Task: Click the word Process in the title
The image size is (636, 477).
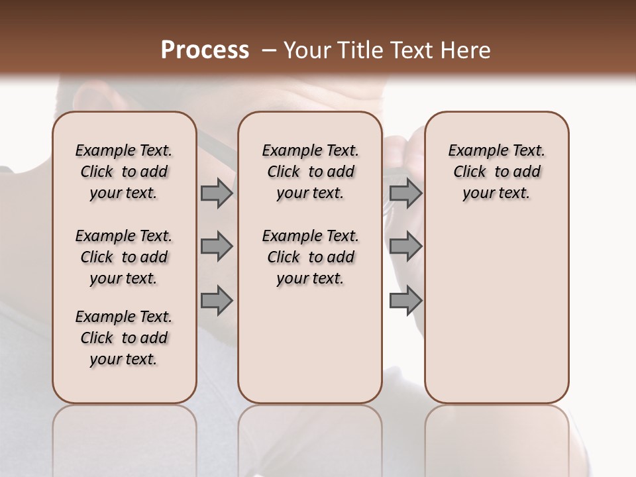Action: coord(205,50)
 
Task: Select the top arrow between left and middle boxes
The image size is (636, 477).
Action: coord(217,193)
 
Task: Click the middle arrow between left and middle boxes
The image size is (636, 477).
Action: coord(217,246)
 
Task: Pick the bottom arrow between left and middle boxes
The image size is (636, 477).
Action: coord(217,300)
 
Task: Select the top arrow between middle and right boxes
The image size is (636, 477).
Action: coord(405,193)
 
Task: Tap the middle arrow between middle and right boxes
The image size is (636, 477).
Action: coord(405,246)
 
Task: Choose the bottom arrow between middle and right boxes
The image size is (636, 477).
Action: coord(405,300)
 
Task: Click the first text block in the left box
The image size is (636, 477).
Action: coord(124,172)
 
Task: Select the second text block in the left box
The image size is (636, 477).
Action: coord(124,257)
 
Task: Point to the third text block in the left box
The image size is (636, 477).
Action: coord(124,338)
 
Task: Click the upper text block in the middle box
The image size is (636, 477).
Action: coord(310,172)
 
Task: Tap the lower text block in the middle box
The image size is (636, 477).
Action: coord(310,257)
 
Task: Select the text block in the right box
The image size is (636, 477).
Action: coord(496,172)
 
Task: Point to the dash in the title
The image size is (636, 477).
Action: coord(270,50)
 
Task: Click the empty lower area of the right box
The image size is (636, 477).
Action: coord(496,311)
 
